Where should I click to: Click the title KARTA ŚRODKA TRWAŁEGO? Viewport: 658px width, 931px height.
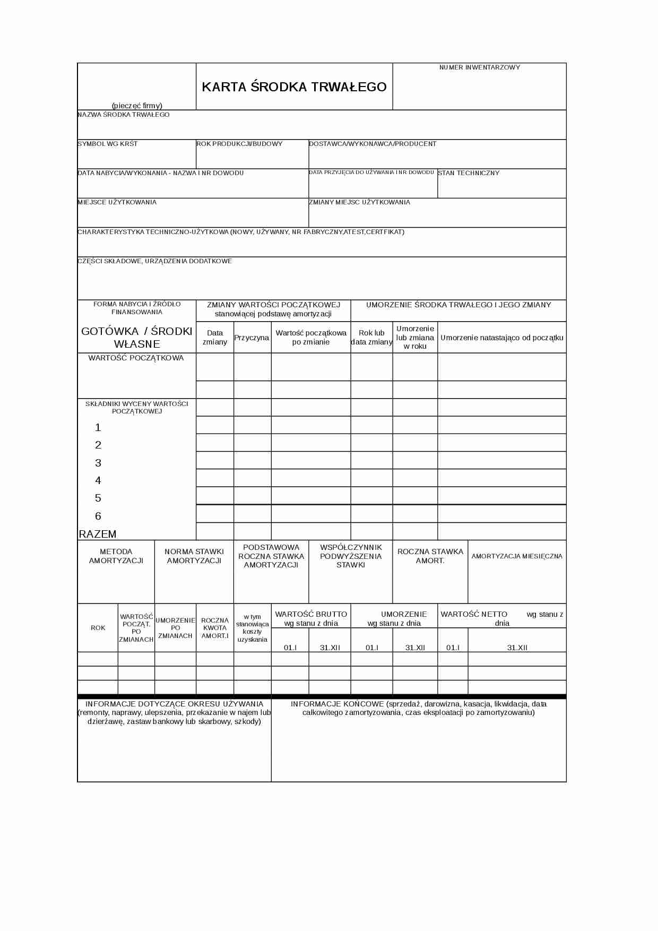pos(294,87)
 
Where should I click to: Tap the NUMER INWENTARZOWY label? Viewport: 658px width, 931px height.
pos(479,67)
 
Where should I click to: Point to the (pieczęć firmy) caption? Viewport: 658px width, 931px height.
pos(137,106)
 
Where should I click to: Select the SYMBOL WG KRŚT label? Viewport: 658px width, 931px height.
pos(108,144)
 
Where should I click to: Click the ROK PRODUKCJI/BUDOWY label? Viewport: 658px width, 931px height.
pos(239,144)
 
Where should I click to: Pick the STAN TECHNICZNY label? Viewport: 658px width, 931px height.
pos(469,173)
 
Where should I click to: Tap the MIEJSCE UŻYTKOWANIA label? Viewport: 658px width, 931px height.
pos(117,202)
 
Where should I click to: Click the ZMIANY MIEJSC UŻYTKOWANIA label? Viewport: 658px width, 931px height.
pos(359,202)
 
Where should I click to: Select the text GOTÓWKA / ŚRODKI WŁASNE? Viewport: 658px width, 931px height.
pos(137,338)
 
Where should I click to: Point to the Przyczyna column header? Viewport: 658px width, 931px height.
pos(252,338)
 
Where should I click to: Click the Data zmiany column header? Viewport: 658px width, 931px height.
pos(215,338)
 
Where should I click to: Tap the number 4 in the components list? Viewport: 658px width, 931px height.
pos(98,481)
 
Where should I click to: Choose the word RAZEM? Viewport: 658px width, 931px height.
pos(98,534)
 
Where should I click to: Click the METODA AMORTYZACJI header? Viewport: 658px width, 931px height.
pos(116,556)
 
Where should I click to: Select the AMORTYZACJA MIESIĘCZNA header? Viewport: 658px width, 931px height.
pos(517,556)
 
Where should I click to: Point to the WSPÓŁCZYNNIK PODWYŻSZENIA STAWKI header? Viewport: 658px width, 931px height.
pos(351,556)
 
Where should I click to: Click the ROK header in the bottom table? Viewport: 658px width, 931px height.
pos(98,628)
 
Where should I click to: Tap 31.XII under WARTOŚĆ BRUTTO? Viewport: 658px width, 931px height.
pos(330,648)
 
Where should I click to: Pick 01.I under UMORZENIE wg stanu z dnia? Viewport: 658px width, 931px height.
pos(372,648)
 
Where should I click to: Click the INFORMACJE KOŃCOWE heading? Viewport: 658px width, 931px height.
pos(419,708)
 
